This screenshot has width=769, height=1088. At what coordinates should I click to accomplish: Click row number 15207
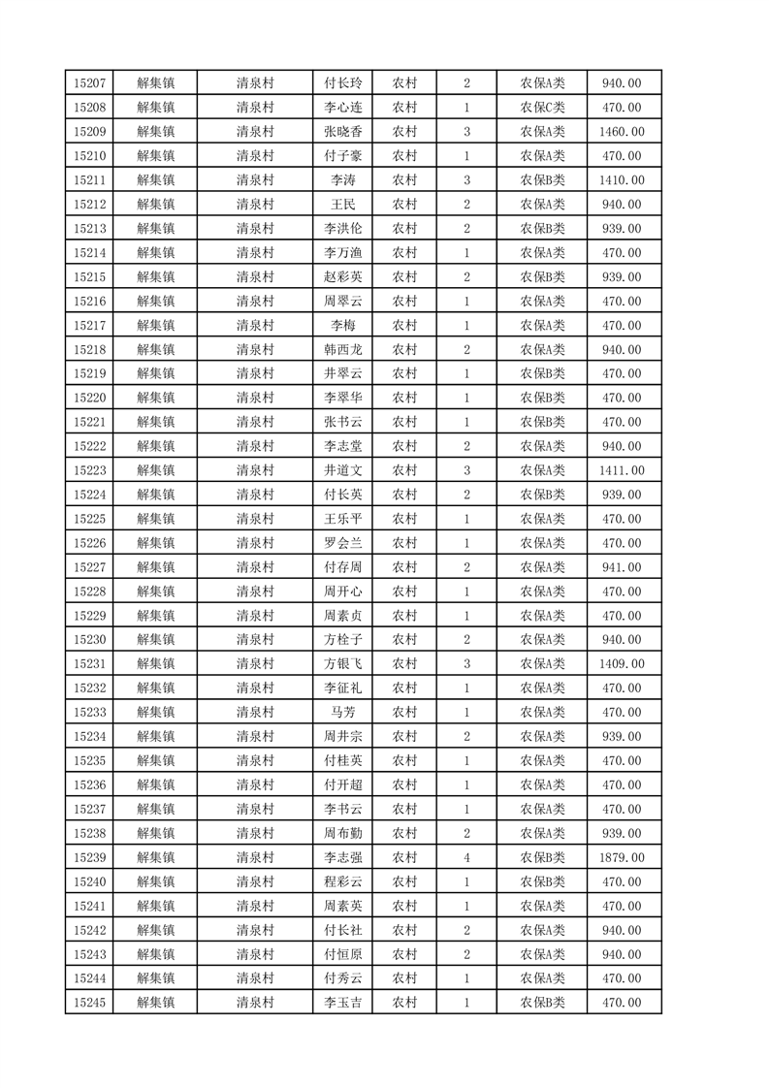click(89, 83)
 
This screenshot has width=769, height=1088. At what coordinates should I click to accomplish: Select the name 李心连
click(343, 108)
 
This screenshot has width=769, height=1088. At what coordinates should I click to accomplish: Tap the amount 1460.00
click(622, 132)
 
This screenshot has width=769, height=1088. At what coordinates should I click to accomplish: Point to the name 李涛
click(343, 180)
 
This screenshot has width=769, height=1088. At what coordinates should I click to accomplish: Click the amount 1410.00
click(622, 180)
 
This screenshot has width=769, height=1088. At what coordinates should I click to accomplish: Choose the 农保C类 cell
click(542, 108)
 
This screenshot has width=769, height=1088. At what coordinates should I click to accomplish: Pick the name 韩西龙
click(343, 349)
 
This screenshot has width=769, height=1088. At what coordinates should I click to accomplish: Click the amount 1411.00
click(622, 470)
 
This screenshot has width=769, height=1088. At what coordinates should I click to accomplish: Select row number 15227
click(89, 567)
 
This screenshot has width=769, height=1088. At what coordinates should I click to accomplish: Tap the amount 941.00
click(622, 567)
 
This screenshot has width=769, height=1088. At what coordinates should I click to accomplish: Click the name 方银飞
click(343, 664)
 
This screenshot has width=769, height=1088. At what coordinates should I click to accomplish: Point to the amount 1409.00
click(622, 664)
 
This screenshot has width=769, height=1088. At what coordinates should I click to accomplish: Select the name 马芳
click(343, 713)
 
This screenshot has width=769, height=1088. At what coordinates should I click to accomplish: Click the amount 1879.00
click(622, 857)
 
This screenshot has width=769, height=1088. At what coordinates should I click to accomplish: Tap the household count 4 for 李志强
click(466, 857)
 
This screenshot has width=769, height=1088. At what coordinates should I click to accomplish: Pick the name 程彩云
click(343, 881)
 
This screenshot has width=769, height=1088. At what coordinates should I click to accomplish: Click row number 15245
click(89, 1003)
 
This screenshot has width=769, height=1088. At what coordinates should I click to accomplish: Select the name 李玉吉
click(343, 1003)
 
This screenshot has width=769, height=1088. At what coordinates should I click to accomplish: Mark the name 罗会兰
click(343, 543)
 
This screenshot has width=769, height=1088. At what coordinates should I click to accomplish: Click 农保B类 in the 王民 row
click(542, 205)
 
